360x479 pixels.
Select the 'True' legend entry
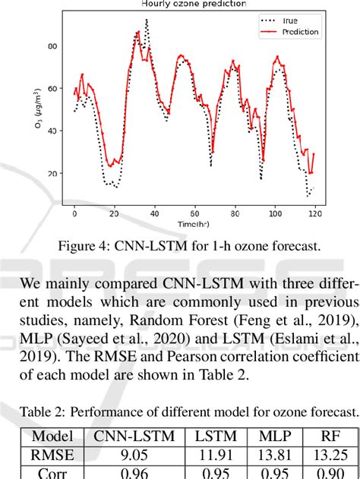pos(289,20)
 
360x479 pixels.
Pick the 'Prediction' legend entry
pos(299,32)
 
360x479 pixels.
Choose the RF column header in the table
pos(324,436)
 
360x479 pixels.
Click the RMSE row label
pos(53,455)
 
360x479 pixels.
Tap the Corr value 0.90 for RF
pos(324,474)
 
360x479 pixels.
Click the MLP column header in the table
pos(269,436)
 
